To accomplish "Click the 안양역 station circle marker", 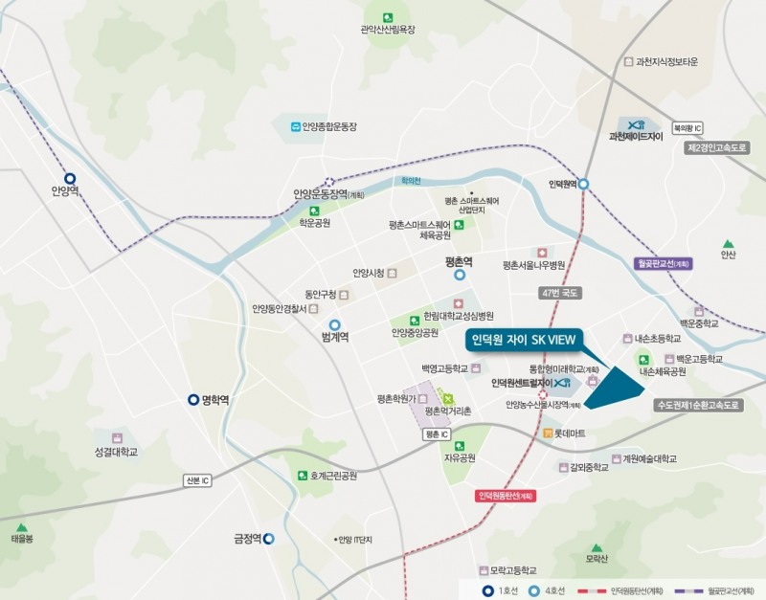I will pos(69,178).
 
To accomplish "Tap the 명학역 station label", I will pos(214,400).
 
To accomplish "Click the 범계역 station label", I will pos(335,337).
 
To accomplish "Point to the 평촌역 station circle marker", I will pos(460,274).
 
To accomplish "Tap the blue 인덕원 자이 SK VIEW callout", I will pos(525,340).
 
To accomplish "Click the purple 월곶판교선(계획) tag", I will pos(663,262).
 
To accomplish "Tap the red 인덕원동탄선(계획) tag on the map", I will pos(505,496).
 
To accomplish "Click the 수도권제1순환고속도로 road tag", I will pos(699,405).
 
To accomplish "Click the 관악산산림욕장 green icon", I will pos(387,17).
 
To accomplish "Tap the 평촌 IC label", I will pos(436,433).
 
